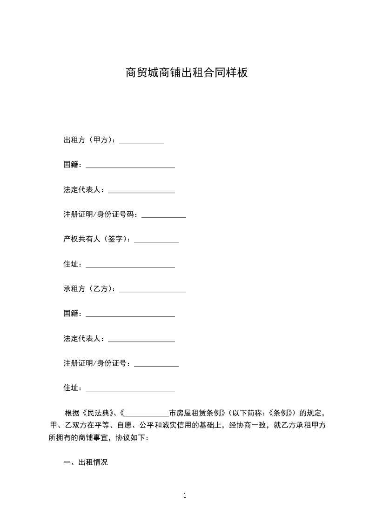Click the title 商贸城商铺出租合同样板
pos(186,73)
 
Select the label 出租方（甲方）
pos(89,140)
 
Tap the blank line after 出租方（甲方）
pos(141,141)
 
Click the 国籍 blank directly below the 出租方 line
pos(130,166)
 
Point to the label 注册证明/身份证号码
pos(100,214)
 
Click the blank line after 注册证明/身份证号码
pos(164,216)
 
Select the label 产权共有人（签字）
pos(96,239)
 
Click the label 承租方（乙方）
pos(89,289)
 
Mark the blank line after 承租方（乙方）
pos(153,290)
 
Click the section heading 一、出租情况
pos(86,462)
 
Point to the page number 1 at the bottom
pos(185,495)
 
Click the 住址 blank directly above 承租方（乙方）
pos(130,266)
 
